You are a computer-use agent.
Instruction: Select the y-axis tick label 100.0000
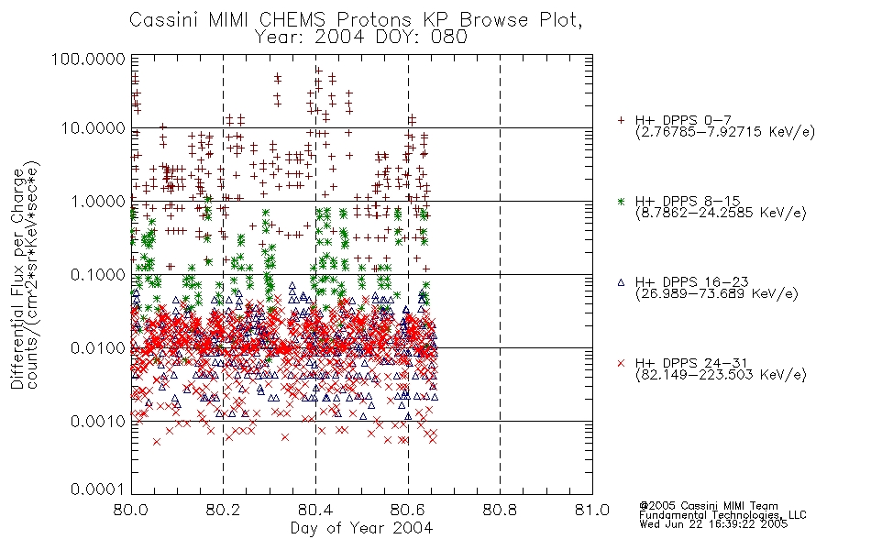[88, 59]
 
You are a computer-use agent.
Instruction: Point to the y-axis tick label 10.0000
[94, 128]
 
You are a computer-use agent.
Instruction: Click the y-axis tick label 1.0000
[98, 201]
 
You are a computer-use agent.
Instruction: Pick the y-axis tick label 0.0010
[98, 421]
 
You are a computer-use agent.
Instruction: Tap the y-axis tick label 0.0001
[98, 489]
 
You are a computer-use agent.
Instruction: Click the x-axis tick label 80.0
[131, 510]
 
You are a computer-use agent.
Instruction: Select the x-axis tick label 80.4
[315, 510]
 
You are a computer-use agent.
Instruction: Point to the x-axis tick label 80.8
[500, 510]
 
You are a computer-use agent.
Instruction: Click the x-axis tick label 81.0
[592, 510]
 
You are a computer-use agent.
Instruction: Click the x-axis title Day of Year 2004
[361, 528]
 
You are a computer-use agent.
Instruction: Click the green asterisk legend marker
[621, 201]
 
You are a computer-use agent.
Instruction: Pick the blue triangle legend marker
[621, 282]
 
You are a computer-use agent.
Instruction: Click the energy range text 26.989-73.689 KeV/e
[717, 294]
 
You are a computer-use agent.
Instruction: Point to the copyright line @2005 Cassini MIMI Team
[709, 506]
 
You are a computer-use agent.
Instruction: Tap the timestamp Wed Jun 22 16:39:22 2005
[713, 523]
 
